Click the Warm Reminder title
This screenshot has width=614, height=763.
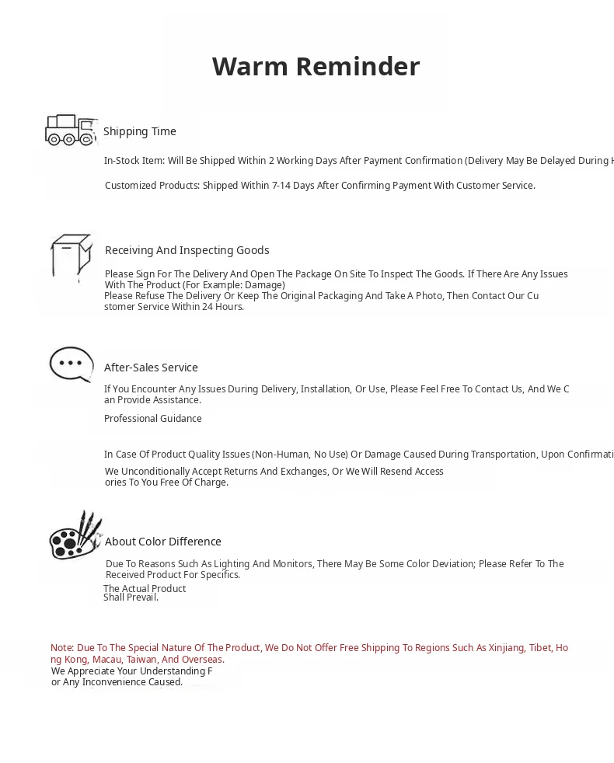316,67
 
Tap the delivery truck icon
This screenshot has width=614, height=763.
70,130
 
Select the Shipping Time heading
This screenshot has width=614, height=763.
140,131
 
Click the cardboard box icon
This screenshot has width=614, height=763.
71,256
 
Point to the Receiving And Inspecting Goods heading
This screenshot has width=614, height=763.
187,250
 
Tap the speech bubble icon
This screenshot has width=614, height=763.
72,364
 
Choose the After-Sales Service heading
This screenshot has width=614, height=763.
151,368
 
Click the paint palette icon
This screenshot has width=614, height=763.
75,535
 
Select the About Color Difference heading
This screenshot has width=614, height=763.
163,542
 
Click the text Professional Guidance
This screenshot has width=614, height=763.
153,419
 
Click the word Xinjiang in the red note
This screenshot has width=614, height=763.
506,648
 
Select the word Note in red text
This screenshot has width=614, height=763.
61,648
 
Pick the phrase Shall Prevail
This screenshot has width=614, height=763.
131,598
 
